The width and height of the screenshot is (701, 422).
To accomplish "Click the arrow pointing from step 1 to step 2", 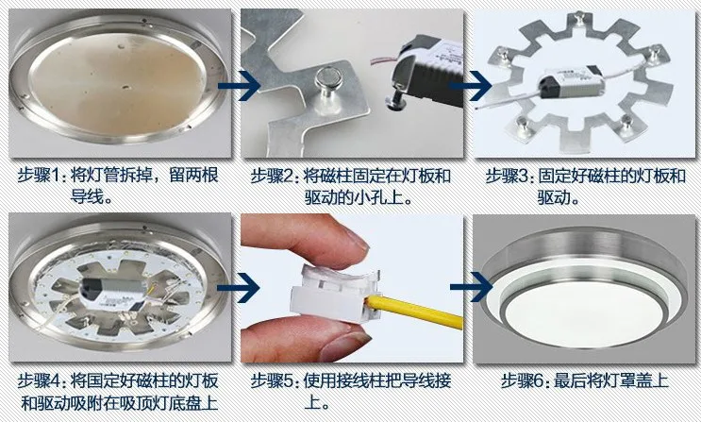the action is pos(240,85).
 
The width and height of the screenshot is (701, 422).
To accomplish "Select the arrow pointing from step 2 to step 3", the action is pos(470,85).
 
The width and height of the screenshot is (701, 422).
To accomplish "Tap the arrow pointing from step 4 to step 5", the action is pos(240,287).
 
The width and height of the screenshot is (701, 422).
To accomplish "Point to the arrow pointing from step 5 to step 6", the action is pos(471,287).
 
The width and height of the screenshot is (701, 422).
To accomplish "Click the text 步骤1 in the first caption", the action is pos(39,175).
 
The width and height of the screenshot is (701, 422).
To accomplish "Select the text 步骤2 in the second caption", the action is pos(272,176).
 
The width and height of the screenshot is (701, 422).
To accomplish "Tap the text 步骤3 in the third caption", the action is pos(507,176).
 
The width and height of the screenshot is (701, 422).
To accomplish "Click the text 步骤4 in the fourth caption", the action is pos(39,380).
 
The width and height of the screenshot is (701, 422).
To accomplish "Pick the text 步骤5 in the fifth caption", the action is pos(272,380).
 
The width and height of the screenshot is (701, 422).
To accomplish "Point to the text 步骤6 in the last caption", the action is pos(522,380).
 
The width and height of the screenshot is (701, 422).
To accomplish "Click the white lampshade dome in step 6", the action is pos(586,314).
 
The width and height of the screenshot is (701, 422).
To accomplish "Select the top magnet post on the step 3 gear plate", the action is pos(578,18).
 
